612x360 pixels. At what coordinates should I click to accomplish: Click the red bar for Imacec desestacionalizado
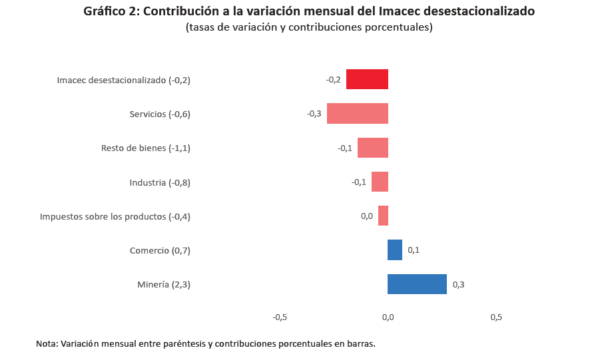coord(367,79)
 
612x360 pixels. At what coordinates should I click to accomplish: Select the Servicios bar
coord(358,114)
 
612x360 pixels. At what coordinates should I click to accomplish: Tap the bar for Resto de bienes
coord(373,148)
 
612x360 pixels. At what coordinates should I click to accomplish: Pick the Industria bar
coord(380,182)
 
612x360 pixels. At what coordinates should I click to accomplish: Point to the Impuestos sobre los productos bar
coord(383,216)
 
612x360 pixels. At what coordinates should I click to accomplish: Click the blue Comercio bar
coord(395,250)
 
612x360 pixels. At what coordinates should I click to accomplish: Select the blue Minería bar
coord(417,284)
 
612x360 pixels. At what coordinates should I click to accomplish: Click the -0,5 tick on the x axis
coord(280,317)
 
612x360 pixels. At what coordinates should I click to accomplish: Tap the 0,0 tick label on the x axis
coord(388,317)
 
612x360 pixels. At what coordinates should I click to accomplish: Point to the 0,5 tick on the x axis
coord(496,317)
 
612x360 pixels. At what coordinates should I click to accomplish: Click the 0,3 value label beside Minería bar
coord(458,285)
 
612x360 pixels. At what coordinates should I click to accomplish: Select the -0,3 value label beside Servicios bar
coord(314,114)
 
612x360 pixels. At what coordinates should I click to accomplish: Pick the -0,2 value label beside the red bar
coord(333,80)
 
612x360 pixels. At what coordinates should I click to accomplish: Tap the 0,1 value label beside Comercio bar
coord(414,250)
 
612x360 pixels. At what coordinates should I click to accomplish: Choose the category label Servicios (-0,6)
coord(160,114)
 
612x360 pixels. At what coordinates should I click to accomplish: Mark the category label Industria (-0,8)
coord(160,182)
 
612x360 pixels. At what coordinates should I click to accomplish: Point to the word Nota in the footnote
coord(46,344)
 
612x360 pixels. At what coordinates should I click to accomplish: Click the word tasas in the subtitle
coord(202,27)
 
